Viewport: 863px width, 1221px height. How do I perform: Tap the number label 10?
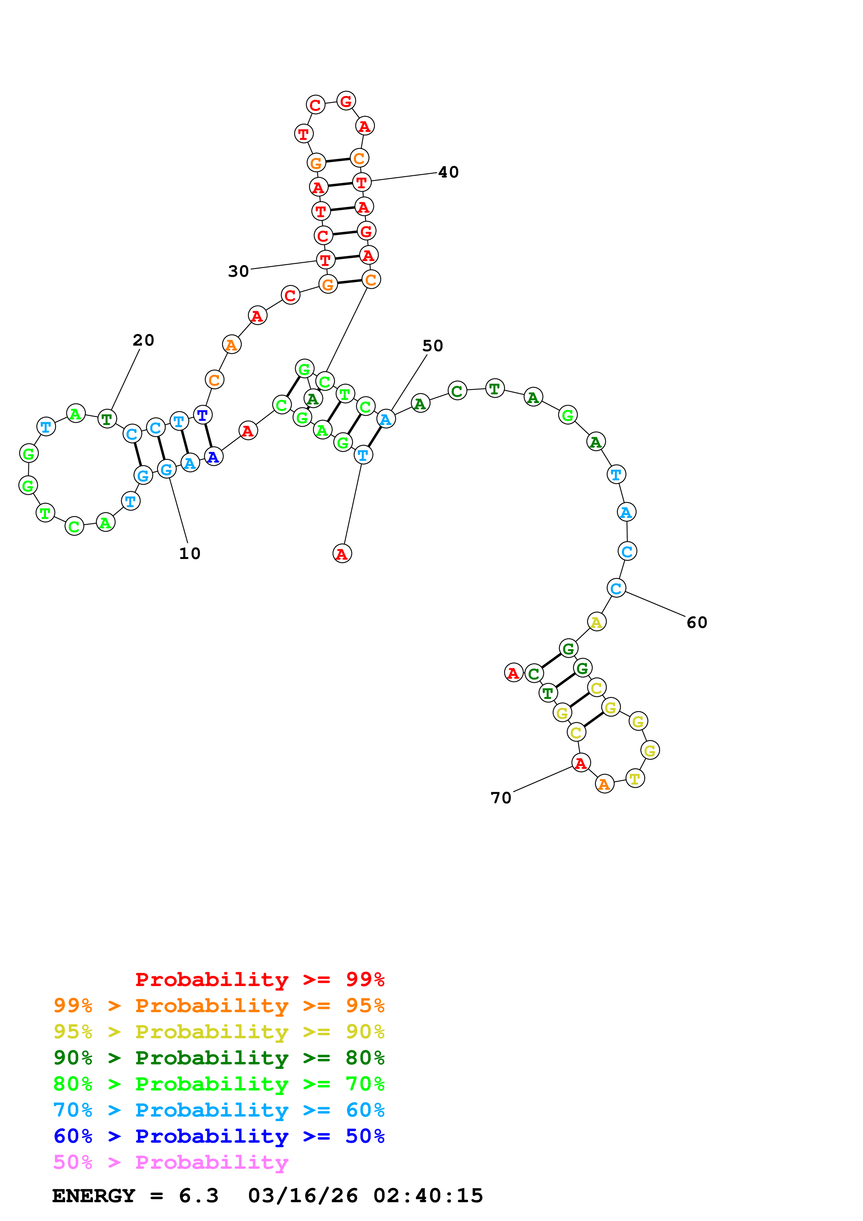[189, 554]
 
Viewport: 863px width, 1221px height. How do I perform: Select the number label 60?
[697, 622]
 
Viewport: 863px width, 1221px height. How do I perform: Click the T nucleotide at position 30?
[325, 260]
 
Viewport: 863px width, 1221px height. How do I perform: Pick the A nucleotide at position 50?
[386, 419]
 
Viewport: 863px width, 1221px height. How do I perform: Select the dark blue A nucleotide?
[213, 457]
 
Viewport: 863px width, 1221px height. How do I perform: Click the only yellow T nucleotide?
[635, 779]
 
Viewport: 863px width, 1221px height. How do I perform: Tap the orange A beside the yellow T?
[604, 784]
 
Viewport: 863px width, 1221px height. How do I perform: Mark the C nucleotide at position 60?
[616, 588]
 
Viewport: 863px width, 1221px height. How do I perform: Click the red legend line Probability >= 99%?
[259, 979]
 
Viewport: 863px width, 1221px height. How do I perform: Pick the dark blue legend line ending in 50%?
[219, 1136]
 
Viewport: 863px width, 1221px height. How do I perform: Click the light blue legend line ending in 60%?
[219, 1110]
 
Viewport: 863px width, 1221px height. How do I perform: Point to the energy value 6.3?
[198, 1196]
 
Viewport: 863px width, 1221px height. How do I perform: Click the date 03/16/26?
[303, 1196]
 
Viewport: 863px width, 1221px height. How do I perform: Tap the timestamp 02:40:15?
[428, 1196]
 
